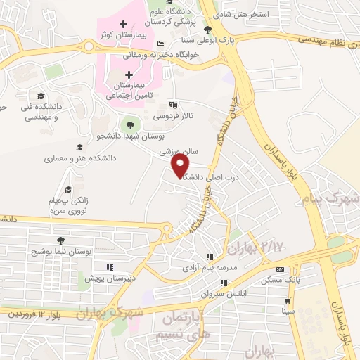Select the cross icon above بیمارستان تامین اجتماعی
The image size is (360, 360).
click(x=129, y=75)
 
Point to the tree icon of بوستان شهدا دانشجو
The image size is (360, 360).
click(x=129, y=125)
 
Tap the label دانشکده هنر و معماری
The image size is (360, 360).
click(x=75, y=159)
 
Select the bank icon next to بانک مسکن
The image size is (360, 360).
click(x=281, y=270)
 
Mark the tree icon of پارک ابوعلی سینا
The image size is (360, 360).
click(x=207, y=30)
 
